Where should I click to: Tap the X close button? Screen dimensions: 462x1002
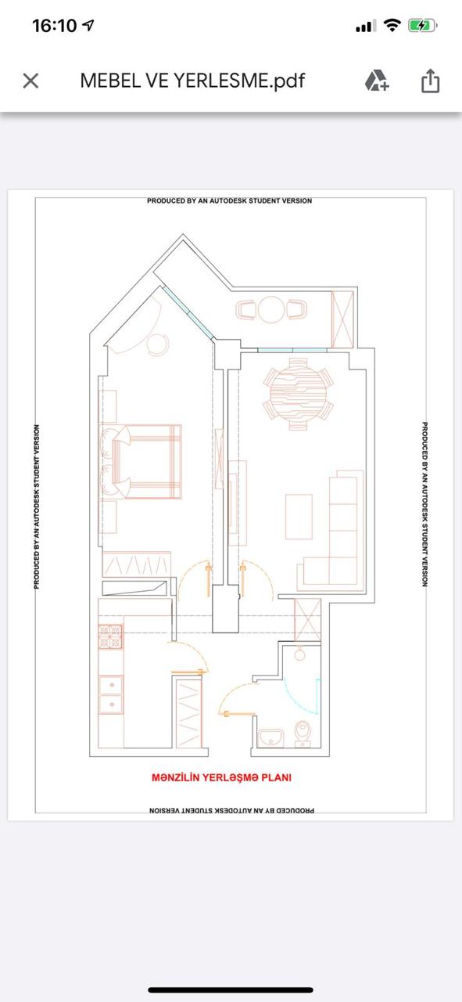coord(30,81)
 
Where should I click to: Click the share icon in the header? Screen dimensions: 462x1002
coord(430,81)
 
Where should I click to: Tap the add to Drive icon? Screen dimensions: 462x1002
coord(377,81)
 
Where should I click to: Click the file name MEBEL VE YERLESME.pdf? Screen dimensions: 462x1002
coord(192,81)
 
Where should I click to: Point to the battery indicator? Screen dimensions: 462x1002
coord(422,26)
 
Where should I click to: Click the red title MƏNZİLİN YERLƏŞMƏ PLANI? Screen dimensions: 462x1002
coord(221,777)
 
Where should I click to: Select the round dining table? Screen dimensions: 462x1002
coord(298,394)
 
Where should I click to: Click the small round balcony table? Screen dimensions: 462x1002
coord(270,309)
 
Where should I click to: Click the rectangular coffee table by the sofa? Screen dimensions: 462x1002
coord(299,517)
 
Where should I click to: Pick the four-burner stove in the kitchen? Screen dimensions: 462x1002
coord(110,636)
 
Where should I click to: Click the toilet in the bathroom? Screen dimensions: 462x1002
coord(303,733)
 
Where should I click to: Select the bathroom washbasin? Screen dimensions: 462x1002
coord(270,738)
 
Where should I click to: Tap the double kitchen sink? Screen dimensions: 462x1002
coord(111,694)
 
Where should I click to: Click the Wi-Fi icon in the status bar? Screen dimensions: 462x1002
coord(392,26)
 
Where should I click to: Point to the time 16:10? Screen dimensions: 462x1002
coord(55,26)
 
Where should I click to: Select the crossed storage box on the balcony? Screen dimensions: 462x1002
coord(342,319)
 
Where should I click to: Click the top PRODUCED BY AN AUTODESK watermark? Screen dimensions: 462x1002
coord(230,201)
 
